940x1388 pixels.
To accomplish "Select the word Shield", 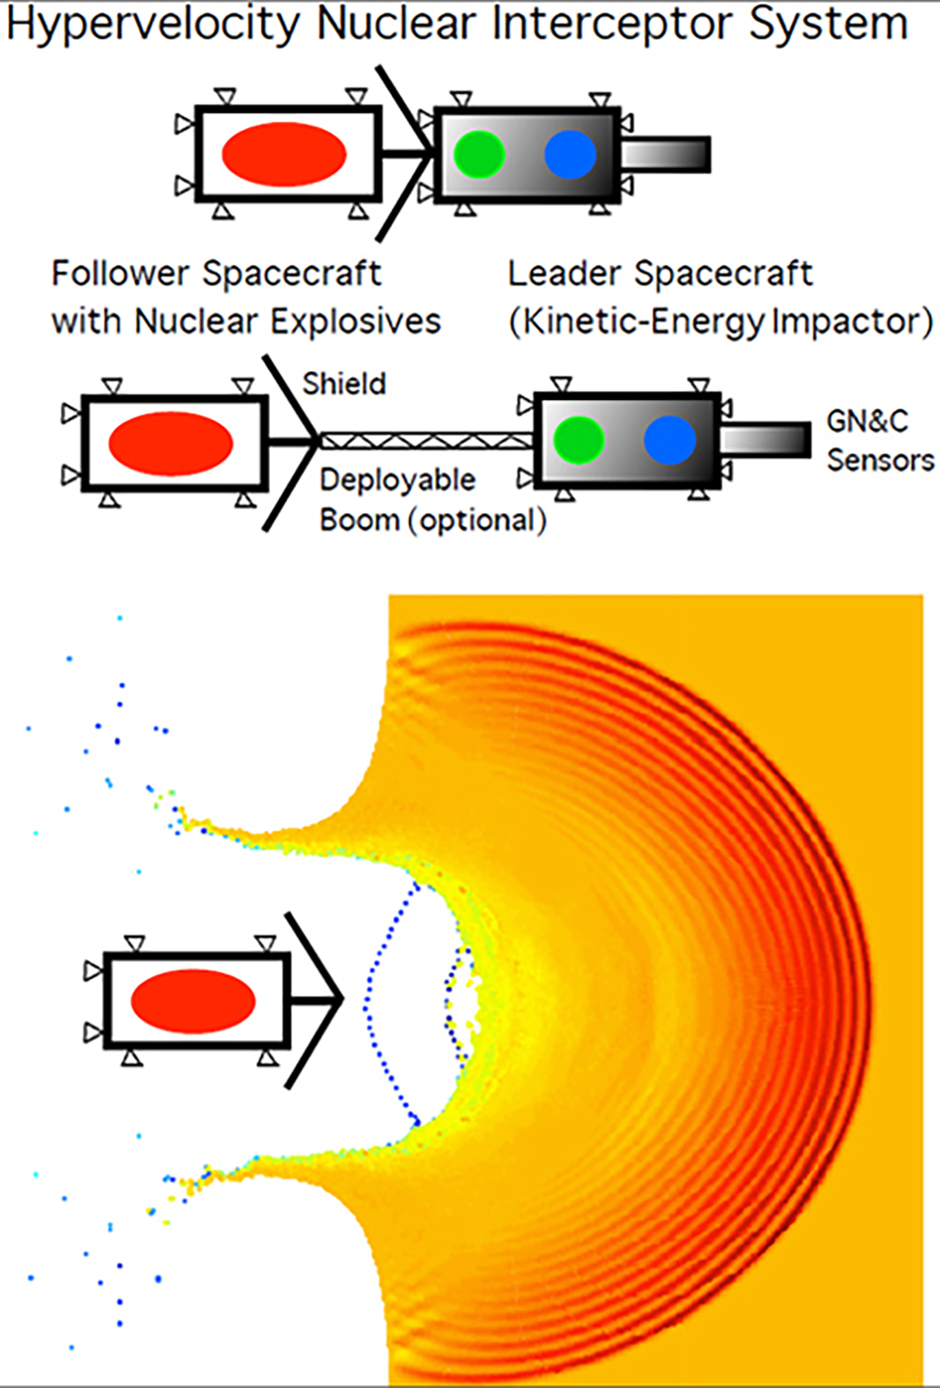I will (344, 384).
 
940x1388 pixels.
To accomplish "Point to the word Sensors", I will (880, 461).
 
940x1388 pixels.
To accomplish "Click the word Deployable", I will (397, 480).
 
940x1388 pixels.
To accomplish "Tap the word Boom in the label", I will (359, 520).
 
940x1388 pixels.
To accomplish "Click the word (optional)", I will (479, 521).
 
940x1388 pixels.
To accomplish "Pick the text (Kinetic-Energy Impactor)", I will (721, 322).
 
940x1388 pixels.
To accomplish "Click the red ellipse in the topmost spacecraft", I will (284, 154).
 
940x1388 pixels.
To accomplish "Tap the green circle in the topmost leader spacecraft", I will (479, 154).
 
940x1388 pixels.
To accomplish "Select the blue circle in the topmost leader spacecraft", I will (571, 154).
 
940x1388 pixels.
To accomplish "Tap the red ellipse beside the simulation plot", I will (193, 1001).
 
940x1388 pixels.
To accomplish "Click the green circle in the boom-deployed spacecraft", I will (578, 441).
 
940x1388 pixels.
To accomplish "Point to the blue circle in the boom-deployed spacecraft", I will (670, 441).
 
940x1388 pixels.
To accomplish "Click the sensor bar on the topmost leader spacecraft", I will (666, 154).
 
